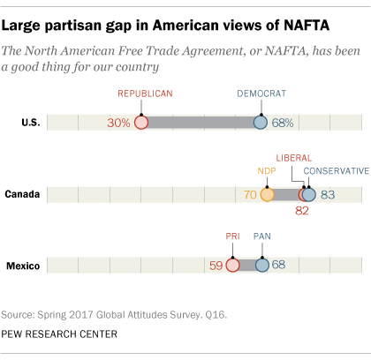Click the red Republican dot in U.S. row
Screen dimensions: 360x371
(140, 123)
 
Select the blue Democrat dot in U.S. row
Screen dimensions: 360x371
(261, 123)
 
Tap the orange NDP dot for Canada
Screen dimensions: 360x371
(267, 194)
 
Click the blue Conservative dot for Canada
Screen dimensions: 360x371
(308, 194)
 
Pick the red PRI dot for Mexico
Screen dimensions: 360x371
(232, 265)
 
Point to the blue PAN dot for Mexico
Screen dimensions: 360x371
(261, 265)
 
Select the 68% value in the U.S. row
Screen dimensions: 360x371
(284, 123)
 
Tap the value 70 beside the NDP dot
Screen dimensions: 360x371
(249, 194)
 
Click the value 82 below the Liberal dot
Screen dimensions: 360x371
(302, 211)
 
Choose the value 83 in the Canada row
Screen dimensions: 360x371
(328, 194)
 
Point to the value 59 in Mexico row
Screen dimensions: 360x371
(215, 265)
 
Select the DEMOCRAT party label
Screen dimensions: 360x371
(261, 93)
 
